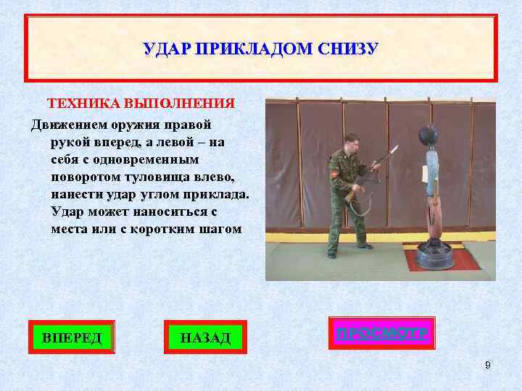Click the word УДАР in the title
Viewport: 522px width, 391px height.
[162, 49]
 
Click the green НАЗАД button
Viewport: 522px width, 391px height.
[205, 337]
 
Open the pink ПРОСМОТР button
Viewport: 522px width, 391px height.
[381, 333]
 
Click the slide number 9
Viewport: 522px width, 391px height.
[488, 365]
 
